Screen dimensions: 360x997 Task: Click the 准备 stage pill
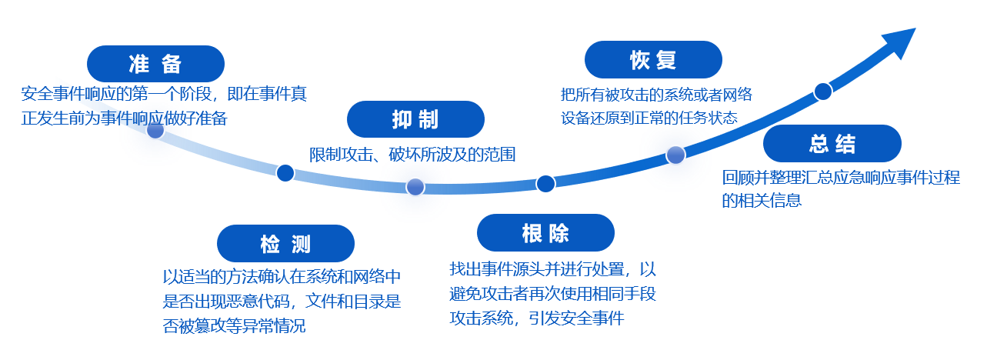(x=155, y=64)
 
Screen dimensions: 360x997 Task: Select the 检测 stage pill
(x=285, y=244)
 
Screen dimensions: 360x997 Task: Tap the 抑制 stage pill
(x=415, y=119)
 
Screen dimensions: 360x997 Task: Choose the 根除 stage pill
(x=545, y=233)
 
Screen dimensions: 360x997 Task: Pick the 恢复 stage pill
(x=653, y=60)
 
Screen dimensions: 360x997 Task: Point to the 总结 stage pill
(x=832, y=143)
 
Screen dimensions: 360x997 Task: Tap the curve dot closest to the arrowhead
(x=823, y=92)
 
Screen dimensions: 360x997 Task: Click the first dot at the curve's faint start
(x=155, y=130)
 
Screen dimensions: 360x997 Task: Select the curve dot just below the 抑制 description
(x=415, y=187)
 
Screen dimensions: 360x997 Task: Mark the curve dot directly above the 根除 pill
(x=545, y=183)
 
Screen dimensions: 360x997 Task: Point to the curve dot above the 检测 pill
(x=285, y=172)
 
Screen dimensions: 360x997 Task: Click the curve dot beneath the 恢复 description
(x=675, y=155)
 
